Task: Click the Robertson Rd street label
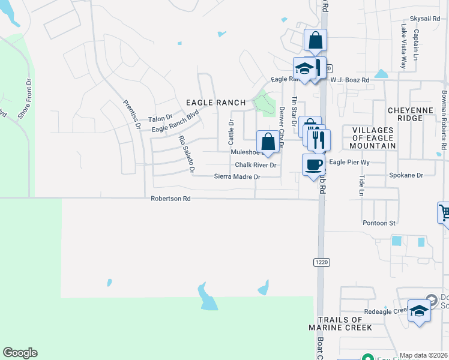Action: [170, 198]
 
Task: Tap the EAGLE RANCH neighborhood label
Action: [215, 103]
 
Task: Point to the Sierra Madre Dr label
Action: [237, 177]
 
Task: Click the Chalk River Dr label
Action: [255, 165]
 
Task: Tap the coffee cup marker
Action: [313, 165]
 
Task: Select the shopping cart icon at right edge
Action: [444, 213]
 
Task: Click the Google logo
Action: [20, 353]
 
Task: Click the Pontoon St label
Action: [379, 223]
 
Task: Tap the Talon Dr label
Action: [160, 119]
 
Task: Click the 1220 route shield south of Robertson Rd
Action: [321, 262]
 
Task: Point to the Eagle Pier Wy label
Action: [349, 162]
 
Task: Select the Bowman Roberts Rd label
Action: [444, 120]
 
